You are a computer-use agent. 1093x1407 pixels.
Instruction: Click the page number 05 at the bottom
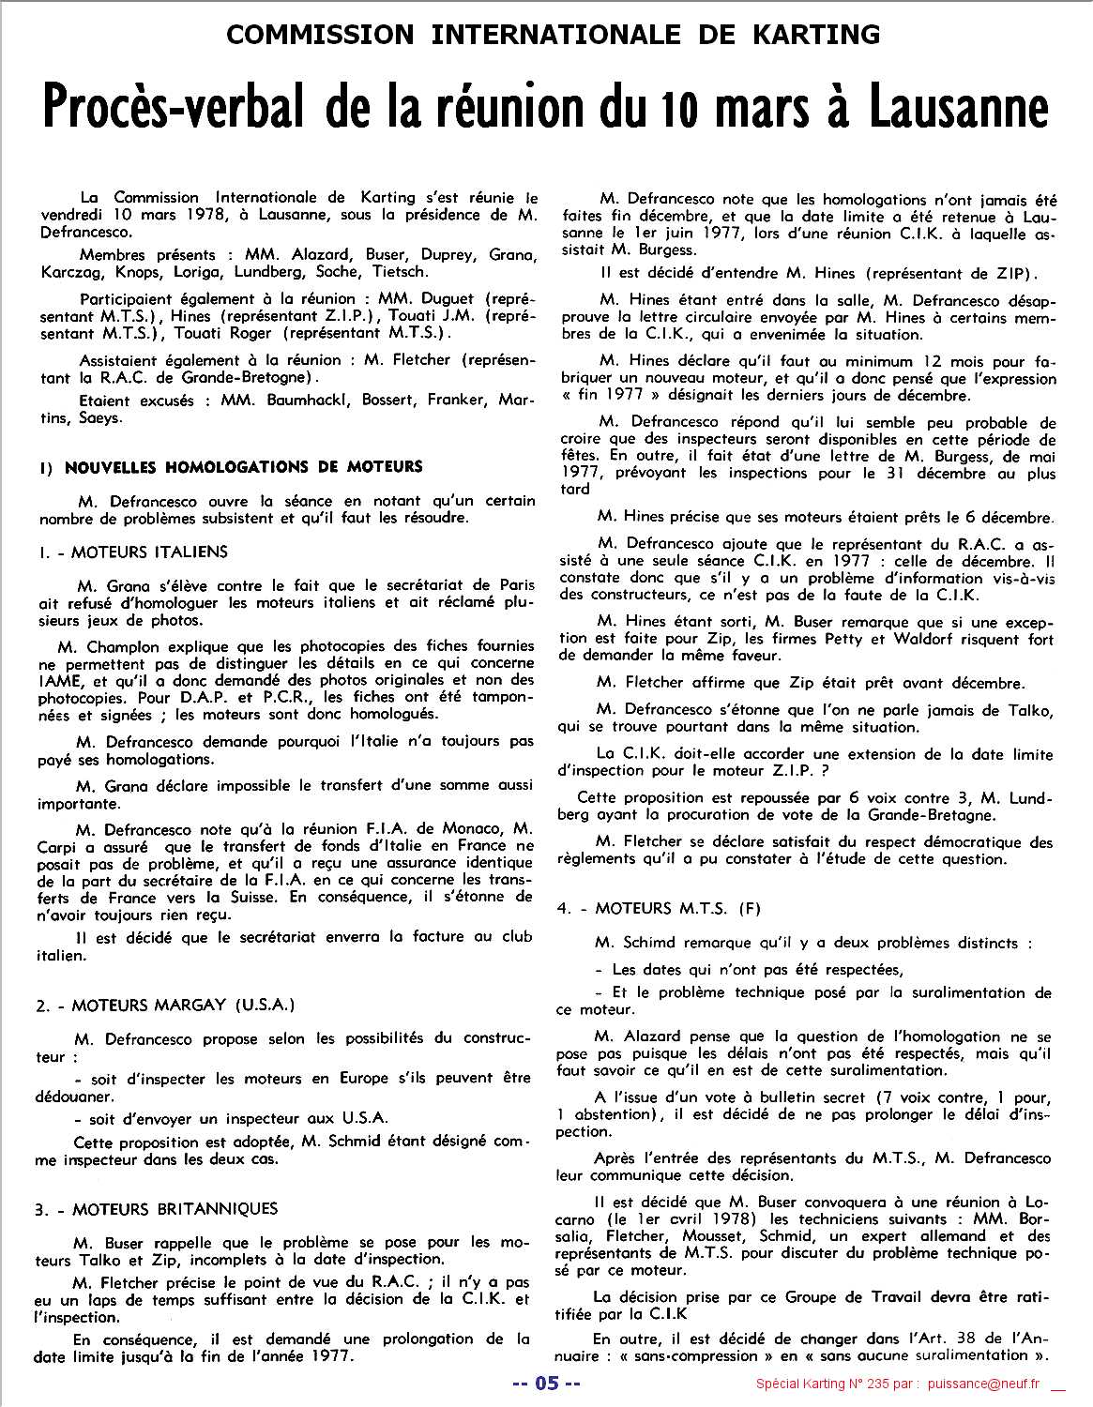pyautogui.click(x=546, y=1384)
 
